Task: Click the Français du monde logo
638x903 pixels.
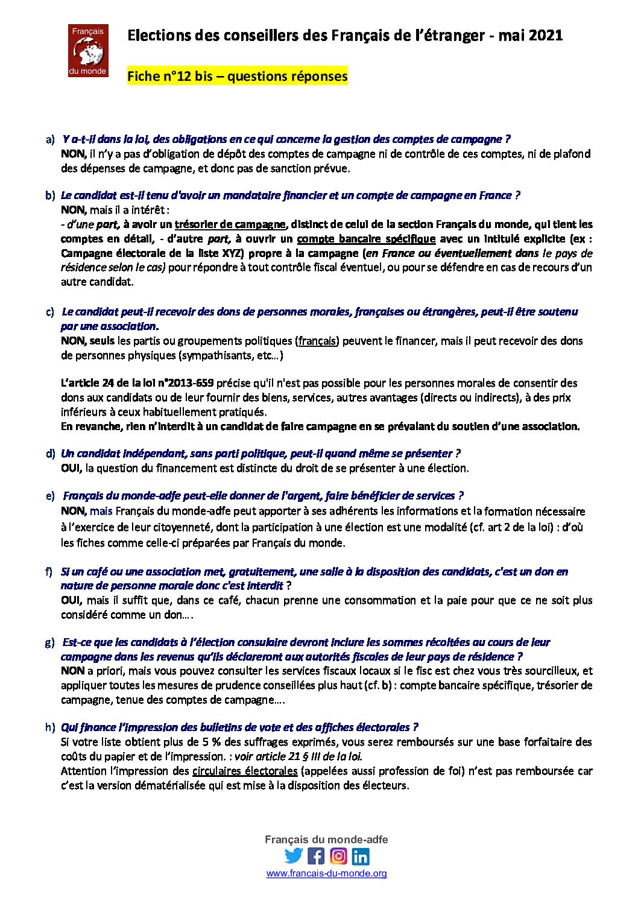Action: pyautogui.click(x=88, y=51)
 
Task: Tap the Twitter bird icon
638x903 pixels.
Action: pyautogui.click(x=294, y=856)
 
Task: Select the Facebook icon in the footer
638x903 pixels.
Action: pyautogui.click(x=316, y=856)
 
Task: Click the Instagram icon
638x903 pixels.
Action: pyautogui.click(x=338, y=856)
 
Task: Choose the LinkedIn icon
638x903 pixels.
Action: pyautogui.click(x=361, y=856)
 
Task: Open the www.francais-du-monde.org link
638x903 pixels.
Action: pyautogui.click(x=326, y=873)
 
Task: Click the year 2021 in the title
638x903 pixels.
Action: pyautogui.click(x=546, y=36)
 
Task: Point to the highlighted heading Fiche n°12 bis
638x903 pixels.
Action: pyautogui.click(x=237, y=77)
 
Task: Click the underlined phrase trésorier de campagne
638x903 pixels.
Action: pyautogui.click(x=230, y=224)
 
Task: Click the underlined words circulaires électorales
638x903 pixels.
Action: pyautogui.click(x=244, y=771)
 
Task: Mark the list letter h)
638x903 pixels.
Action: pyautogui.click(x=50, y=727)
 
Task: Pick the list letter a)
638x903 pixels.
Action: pyautogui.click(x=50, y=140)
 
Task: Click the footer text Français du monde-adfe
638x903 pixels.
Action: pyautogui.click(x=326, y=840)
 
